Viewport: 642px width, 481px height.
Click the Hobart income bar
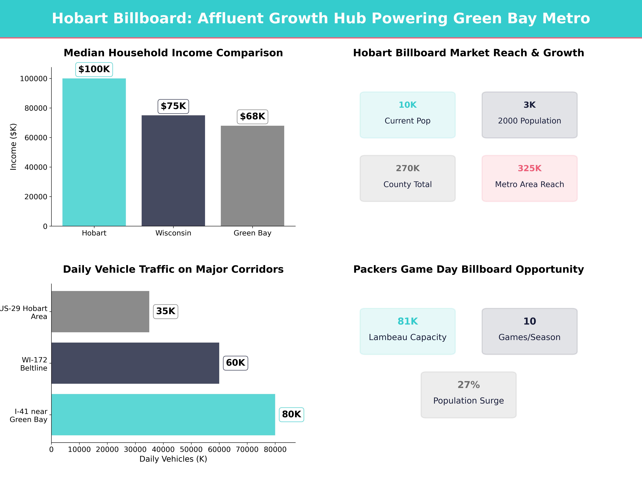(x=94, y=152)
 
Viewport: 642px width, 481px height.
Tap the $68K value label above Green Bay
(x=253, y=117)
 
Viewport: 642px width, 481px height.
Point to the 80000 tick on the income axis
(x=36, y=108)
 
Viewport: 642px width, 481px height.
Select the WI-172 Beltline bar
(x=135, y=363)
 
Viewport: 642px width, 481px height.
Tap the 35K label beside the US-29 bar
(x=165, y=311)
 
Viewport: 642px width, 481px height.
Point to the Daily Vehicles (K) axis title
(x=173, y=459)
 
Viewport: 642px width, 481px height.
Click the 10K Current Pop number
(x=408, y=105)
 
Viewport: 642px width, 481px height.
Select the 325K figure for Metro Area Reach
(x=529, y=168)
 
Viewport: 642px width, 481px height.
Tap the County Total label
(x=408, y=184)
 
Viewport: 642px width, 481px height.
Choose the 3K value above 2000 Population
(x=529, y=105)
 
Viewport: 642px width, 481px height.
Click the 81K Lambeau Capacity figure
(x=408, y=321)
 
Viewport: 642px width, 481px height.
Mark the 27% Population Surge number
(x=468, y=385)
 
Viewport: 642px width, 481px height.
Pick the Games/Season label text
(x=529, y=337)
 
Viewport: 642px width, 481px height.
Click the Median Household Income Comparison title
(x=173, y=53)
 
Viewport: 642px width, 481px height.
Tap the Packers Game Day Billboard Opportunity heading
(x=468, y=269)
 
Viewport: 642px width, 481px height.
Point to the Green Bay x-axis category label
(x=253, y=233)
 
